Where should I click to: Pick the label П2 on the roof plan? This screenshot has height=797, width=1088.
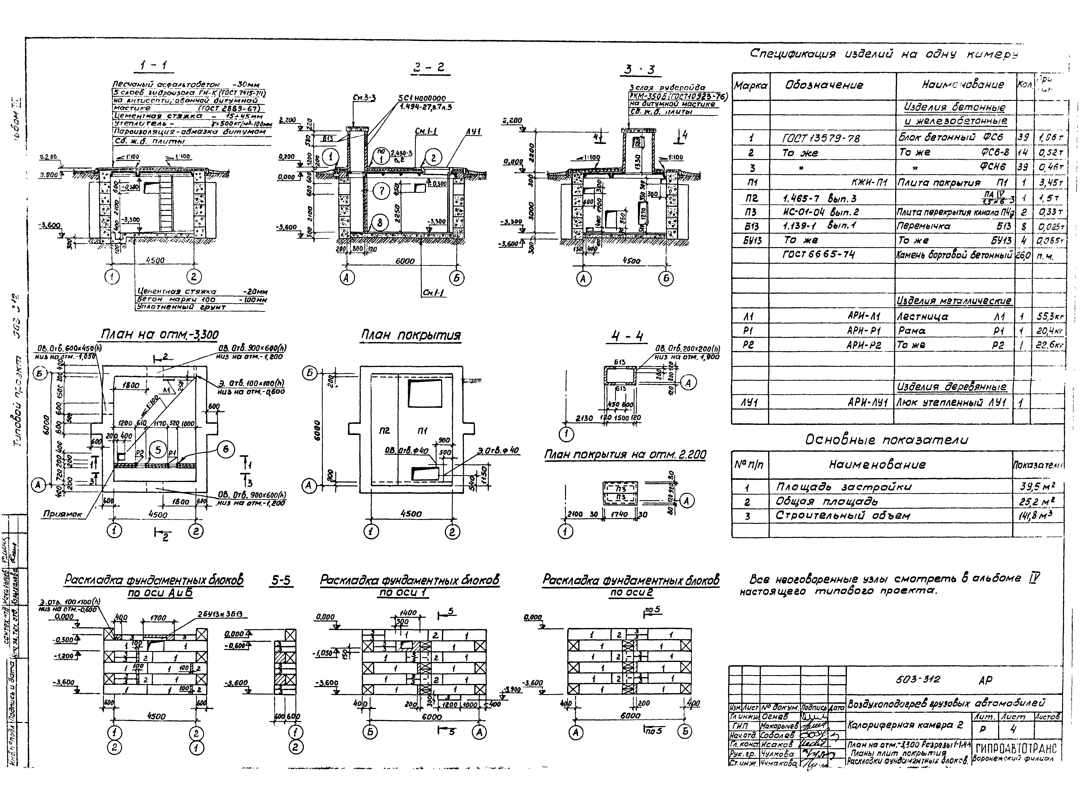385,430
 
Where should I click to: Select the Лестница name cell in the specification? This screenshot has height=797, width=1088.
923,317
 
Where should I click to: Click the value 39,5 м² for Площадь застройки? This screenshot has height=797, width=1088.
1037,487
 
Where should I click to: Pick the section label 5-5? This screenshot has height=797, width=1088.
281,580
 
